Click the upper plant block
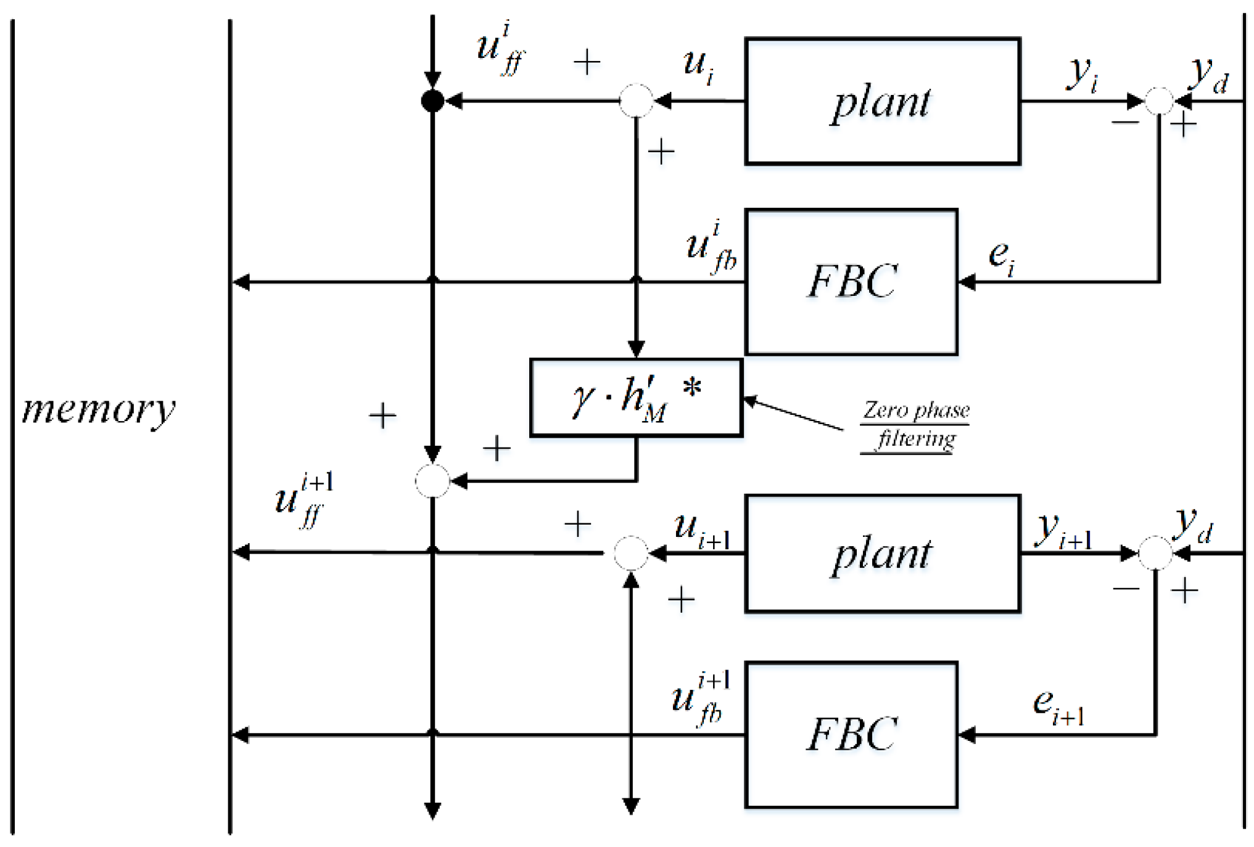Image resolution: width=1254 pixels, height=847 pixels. tap(882, 102)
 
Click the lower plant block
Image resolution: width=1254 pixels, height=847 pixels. tap(882, 553)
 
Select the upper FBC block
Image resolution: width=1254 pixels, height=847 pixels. tap(851, 282)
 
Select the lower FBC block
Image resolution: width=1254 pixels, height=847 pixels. tap(851, 734)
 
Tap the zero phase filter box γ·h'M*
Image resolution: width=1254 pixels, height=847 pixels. tap(636, 398)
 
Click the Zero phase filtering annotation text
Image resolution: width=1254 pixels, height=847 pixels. tap(916, 424)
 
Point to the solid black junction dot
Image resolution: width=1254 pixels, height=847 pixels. tap(432, 100)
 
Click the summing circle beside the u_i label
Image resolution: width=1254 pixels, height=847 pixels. tap(636, 100)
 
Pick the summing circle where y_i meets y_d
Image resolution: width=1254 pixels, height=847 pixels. tap(1159, 100)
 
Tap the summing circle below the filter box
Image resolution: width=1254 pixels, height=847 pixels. tap(432, 481)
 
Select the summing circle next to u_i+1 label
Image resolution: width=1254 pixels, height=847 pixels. tap(630, 552)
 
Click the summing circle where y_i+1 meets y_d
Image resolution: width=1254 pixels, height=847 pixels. tap(1155, 552)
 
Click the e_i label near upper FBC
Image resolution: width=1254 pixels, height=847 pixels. tap(1001, 257)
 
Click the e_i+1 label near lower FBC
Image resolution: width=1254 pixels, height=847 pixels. tap(1058, 706)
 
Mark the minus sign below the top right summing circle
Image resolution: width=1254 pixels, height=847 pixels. tap(1125, 122)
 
